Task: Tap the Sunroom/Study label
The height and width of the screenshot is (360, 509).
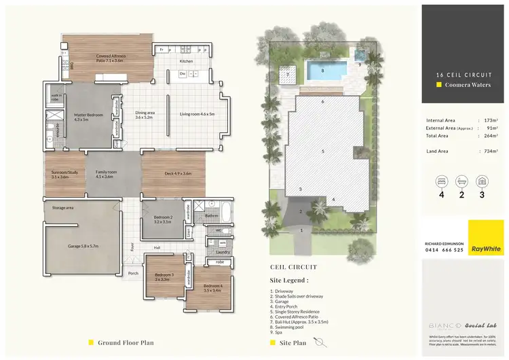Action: click(63, 175)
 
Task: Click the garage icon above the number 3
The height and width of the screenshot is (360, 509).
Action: click(482, 182)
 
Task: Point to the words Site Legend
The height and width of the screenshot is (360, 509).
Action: click(289, 279)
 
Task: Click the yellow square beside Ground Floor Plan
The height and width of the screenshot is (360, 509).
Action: click(91, 343)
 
